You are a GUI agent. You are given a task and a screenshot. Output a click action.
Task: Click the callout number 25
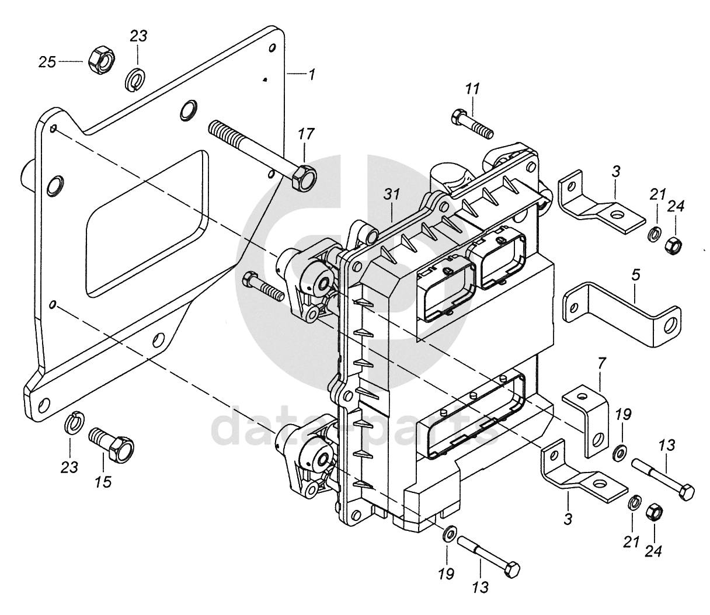pos(47,61)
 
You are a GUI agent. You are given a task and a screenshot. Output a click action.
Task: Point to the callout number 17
pos(306,134)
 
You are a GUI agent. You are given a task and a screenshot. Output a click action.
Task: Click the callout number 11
pos(472,89)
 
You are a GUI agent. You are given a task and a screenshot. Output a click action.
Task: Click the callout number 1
pos(312,75)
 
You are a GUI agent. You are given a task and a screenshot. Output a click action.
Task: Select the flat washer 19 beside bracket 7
pos(620,451)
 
